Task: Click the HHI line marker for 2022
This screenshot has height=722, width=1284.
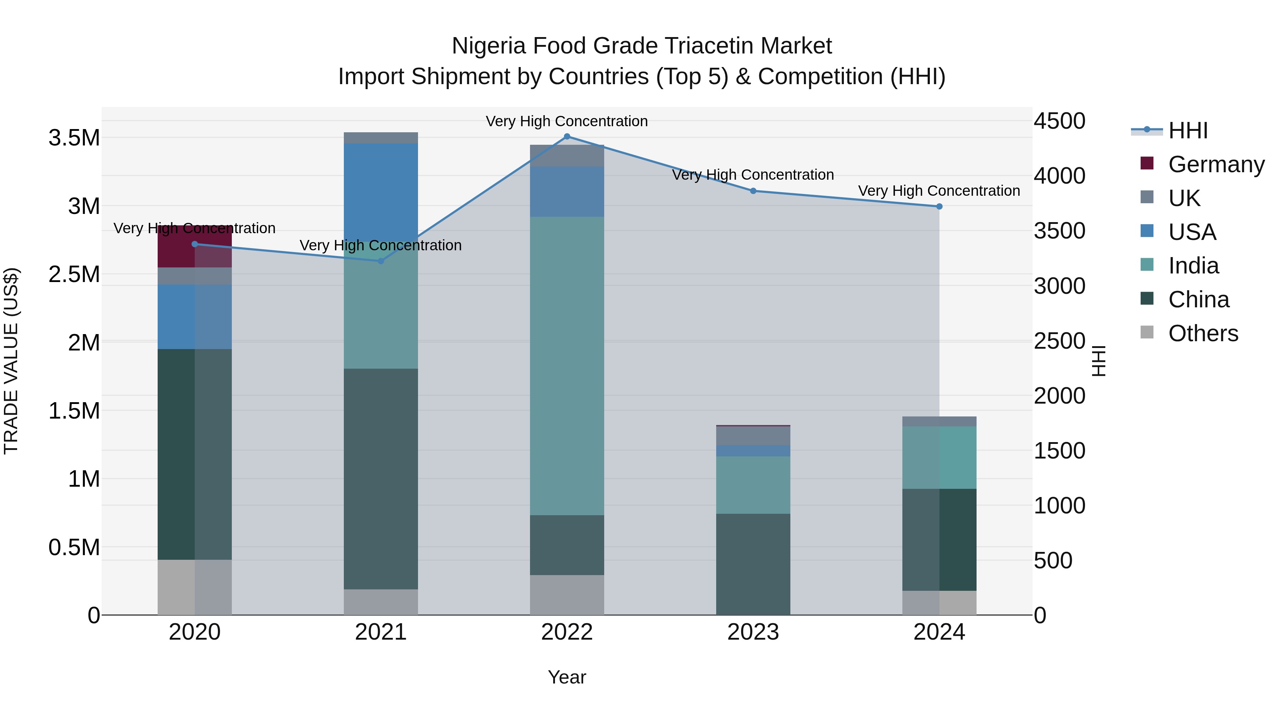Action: coord(567,137)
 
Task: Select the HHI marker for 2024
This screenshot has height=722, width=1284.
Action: coord(939,206)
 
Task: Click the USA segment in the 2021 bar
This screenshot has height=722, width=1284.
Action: coord(381,192)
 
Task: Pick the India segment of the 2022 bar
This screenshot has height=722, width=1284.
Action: coord(567,366)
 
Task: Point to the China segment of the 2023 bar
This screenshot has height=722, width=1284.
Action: coord(753,564)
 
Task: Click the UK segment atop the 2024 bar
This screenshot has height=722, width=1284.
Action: coord(939,421)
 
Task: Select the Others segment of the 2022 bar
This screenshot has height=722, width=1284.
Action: coord(567,595)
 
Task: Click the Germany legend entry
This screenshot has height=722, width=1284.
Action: coord(1216,164)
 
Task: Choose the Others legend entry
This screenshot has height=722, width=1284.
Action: coord(1203,333)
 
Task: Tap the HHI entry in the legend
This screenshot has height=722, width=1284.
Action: coord(1188,130)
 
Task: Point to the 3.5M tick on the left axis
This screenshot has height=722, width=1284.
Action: coord(74,138)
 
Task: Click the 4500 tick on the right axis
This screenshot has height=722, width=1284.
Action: coord(1059,121)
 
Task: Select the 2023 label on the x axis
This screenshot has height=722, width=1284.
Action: coord(753,632)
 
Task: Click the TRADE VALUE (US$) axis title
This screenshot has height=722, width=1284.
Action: coord(11,361)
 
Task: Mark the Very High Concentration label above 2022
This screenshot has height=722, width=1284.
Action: coord(567,121)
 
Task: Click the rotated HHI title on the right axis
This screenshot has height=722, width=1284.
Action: coord(1098,361)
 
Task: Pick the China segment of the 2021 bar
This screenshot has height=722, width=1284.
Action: coord(381,479)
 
